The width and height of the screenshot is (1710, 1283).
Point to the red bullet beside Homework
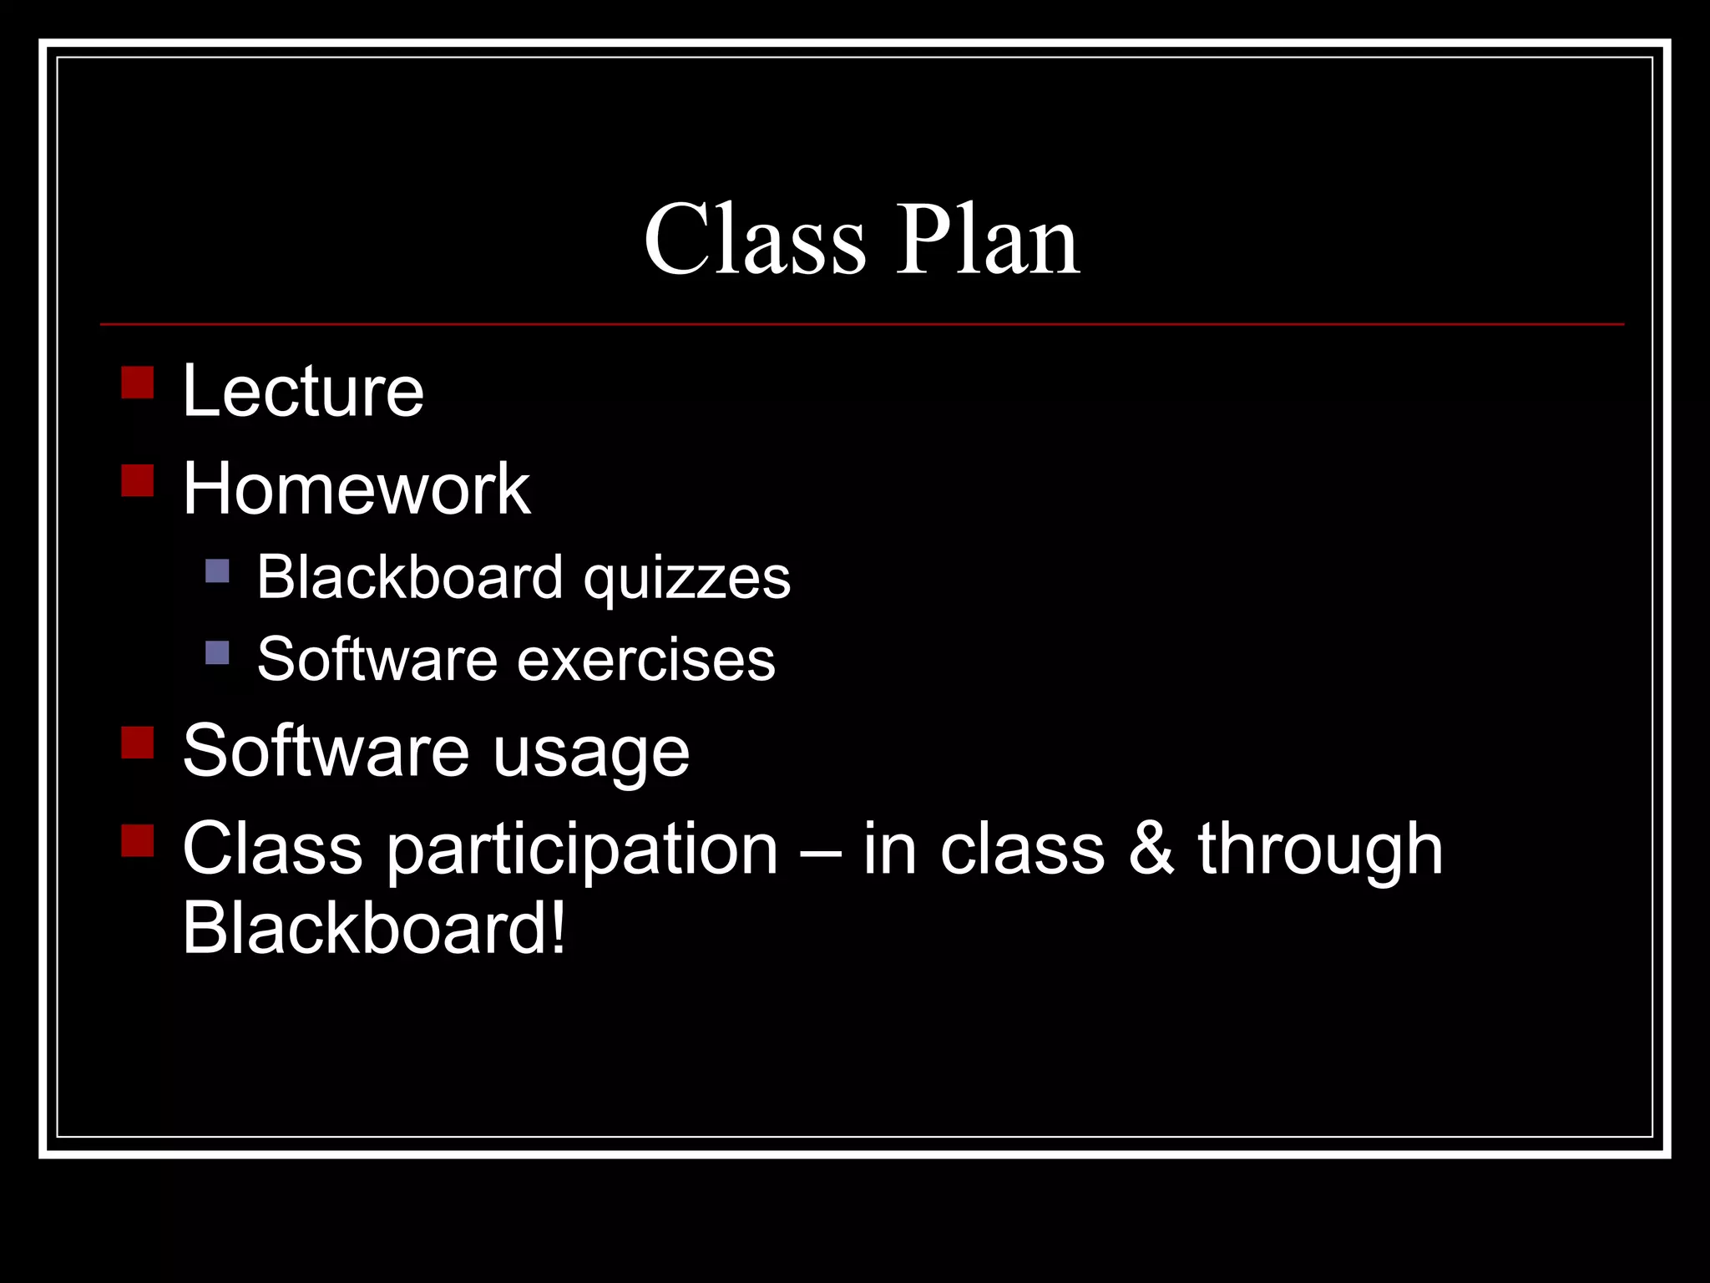pyautogui.click(x=138, y=480)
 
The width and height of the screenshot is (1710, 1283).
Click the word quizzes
pyautogui.click(x=686, y=578)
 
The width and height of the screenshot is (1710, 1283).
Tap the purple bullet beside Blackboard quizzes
pyautogui.click(x=217, y=571)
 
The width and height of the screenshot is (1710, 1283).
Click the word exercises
pyautogui.click(x=646, y=660)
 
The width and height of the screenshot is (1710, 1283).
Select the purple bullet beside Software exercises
pyautogui.click(x=217, y=652)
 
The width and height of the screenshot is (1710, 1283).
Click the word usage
pyautogui.click(x=590, y=752)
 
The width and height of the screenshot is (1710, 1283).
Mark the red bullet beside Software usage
pyautogui.click(x=138, y=742)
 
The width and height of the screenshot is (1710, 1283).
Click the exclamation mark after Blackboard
pyautogui.click(x=558, y=928)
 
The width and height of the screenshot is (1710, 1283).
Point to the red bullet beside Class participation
pyautogui.click(x=138, y=840)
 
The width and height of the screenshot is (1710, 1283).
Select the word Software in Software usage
pyautogui.click(x=326, y=751)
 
